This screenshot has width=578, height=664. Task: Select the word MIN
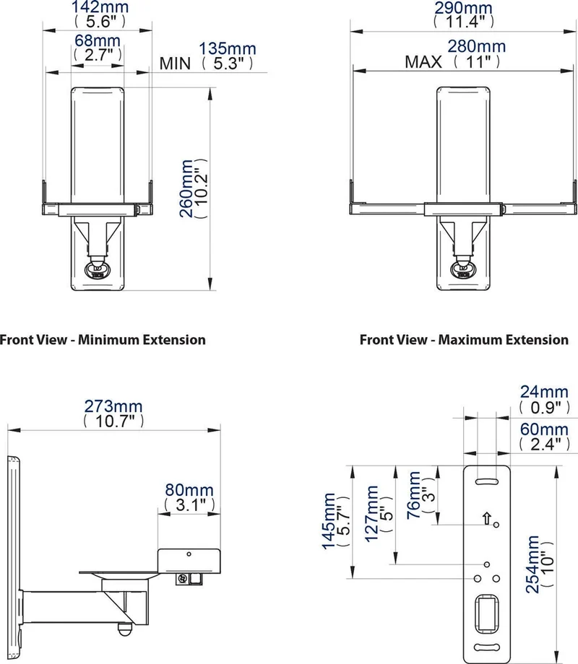click(175, 64)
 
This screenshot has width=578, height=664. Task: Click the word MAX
click(423, 62)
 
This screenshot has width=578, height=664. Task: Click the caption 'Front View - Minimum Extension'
click(103, 340)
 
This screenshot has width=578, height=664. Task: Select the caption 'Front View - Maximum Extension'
click(464, 340)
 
